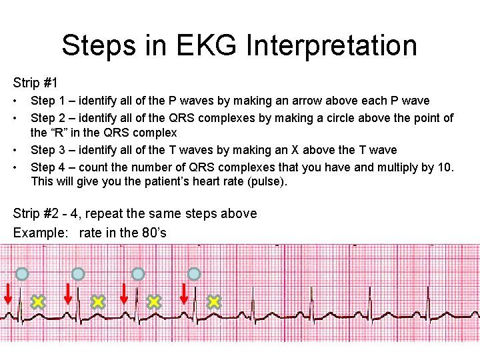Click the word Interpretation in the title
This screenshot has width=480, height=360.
(x=331, y=45)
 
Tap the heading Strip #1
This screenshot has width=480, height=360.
(x=35, y=83)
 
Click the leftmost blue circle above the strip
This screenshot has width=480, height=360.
(x=22, y=274)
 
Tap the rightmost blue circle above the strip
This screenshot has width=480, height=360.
(x=193, y=274)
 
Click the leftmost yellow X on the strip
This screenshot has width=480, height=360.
(x=38, y=302)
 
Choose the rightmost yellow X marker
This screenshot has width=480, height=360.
(x=213, y=302)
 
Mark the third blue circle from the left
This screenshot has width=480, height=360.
(x=137, y=274)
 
